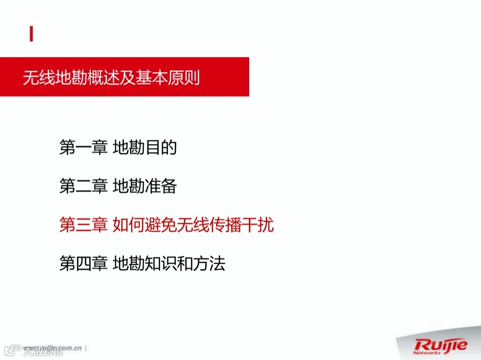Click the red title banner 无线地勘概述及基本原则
[124, 77]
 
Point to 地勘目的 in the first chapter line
[145, 148]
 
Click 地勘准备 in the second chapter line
[145, 187]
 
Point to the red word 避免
[161, 225]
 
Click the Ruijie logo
[441, 345]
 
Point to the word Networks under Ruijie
[426, 353]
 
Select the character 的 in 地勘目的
[169, 148]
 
